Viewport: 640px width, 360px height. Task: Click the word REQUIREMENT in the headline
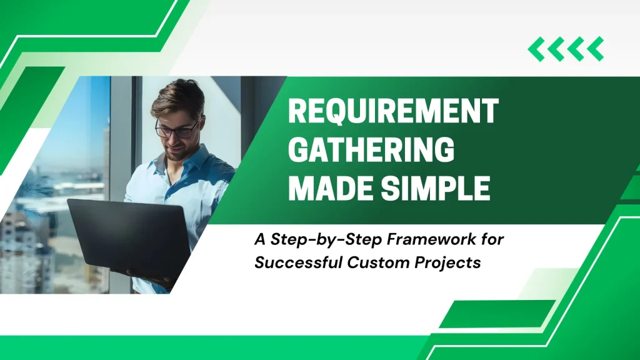coord(394,111)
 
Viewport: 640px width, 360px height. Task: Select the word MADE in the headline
coord(331,188)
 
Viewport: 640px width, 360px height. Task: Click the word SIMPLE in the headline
coord(436,188)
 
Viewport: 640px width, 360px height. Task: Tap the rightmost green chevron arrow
coord(596,49)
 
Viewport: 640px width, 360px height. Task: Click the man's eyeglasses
coord(177,129)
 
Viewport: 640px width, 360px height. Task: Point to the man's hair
coord(178,97)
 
